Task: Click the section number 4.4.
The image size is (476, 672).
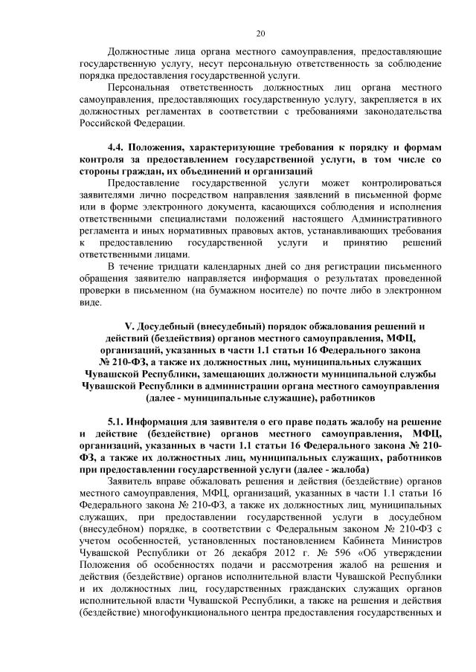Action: coord(118,149)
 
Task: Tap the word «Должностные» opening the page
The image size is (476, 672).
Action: coord(141,51)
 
